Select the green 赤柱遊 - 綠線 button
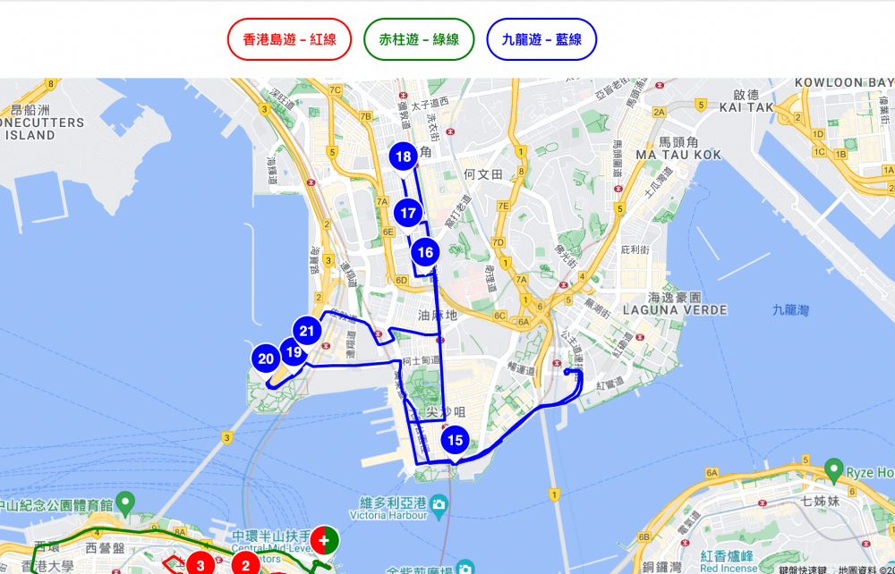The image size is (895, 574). point(419,39)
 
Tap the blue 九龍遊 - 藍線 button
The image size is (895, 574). point(541,39)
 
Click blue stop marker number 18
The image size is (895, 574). point(404,157)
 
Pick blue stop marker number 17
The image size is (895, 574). point(408,213)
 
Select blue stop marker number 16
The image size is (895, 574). point(425,253)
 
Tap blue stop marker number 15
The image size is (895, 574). point(455,440)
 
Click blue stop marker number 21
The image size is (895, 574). point(307,332)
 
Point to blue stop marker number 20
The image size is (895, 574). point(266,359)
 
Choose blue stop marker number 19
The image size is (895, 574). point(293,352)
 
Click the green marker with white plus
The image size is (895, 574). point(325,540)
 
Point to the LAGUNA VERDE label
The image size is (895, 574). point(687,309)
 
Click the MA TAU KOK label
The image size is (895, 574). point(678,155)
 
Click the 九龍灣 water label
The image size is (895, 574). point(790,310)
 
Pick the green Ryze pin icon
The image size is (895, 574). point(834,468)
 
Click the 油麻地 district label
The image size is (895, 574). point(437,315)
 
